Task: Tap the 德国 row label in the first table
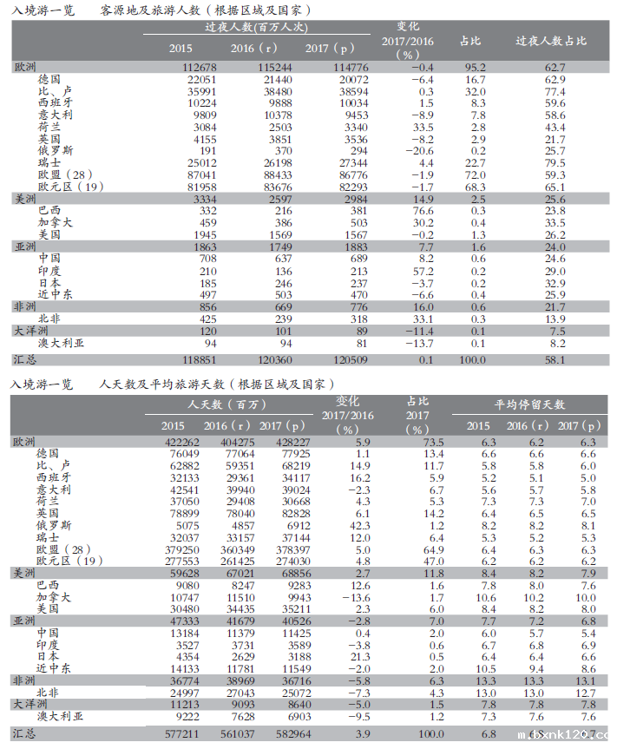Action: pos(49,79)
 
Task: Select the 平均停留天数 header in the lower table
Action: pos(530,404)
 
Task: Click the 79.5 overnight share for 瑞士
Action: pos(555,162)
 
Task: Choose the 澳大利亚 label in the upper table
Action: pos(62,343)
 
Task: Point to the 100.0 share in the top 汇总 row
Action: pos(472,358)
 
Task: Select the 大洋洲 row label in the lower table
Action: pos(30,705)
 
